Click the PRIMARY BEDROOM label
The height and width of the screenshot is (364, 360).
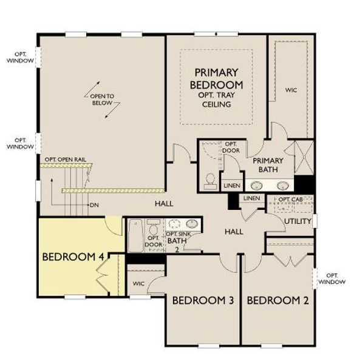(217, 79)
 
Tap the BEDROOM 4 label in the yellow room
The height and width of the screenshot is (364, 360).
(72, 257)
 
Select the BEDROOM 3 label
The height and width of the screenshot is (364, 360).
(202, 300)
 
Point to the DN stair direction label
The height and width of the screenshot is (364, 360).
(94, 205)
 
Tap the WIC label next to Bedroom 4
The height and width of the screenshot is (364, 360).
(138, 283)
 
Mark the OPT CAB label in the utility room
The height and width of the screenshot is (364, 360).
(290, 199)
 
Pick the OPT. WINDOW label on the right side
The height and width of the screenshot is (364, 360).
(332, 278)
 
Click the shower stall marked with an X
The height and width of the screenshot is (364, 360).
(301, 156)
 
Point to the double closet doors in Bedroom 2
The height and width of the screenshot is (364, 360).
(290, 260)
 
